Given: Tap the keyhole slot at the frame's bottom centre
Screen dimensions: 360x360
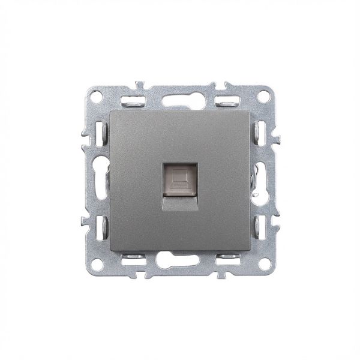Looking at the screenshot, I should coord(180,262).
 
